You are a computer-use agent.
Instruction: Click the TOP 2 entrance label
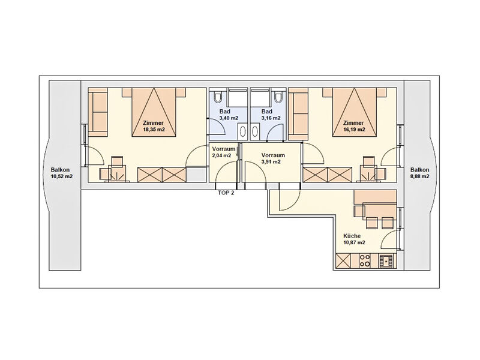point(226,193)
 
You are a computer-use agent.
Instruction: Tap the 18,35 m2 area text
point(154,130)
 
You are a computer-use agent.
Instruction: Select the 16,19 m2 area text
point(354,130)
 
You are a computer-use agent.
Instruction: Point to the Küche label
point(352,236)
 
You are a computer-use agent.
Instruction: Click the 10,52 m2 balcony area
point(62,176)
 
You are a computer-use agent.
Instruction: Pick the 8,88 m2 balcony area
point(419,176)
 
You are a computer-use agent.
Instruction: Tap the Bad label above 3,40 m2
point(224,112)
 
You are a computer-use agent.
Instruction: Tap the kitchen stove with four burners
point(365,261)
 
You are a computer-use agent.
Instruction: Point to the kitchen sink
point(387,261)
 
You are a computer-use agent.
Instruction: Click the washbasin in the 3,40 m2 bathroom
point(243,131)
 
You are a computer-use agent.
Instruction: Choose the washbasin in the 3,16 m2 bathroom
point(255,131)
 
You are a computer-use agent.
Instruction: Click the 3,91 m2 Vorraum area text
point(271,162)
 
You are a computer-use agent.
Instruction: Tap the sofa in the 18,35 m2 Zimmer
point(98,112)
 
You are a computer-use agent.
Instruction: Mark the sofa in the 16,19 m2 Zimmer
point(298,112)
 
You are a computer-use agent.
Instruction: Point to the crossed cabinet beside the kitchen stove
point(343,261)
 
